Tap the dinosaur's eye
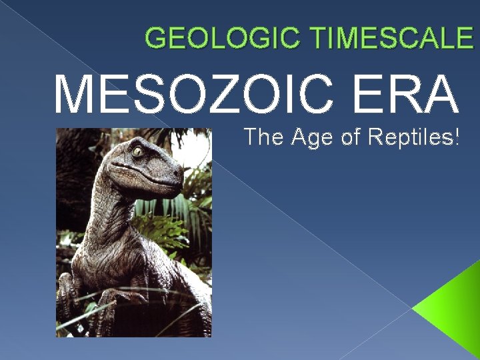point(139,152)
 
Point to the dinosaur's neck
point(110,213)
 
